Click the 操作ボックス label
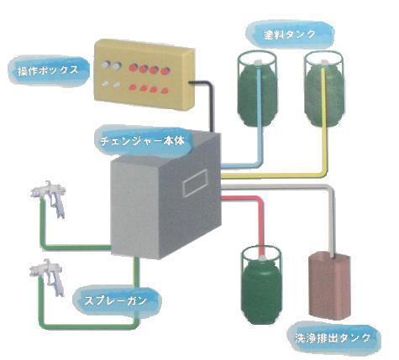48,70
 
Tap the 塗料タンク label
290,34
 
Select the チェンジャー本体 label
143,141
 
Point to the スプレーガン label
116,300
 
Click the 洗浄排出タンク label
333,338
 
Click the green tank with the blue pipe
257,89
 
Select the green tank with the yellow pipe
324,89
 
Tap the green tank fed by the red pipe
261,284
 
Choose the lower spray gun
48,277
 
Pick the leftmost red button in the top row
134,68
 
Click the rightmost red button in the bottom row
165,91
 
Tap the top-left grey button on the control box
106,65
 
